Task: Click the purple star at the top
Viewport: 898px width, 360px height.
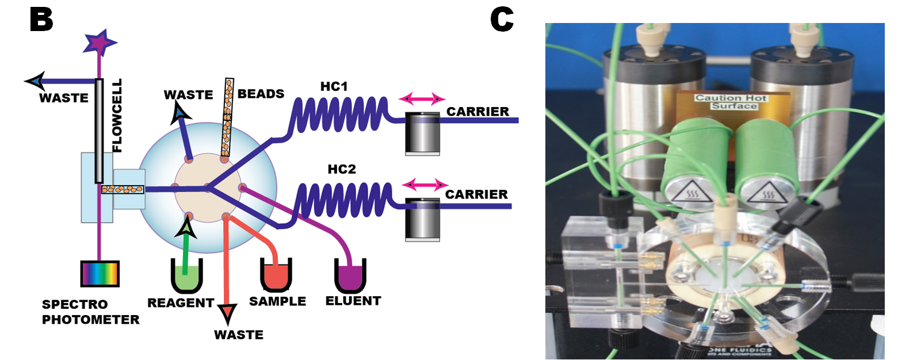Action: click(101, 41)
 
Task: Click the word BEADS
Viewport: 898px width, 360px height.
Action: click(261, 93)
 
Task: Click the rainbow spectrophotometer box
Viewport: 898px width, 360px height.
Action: click(100, 274)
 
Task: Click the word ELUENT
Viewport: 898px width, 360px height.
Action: click(353, 300)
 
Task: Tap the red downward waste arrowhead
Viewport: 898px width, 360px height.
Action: click(227, 312)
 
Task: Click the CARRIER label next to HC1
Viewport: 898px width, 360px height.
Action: click(477, 112)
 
